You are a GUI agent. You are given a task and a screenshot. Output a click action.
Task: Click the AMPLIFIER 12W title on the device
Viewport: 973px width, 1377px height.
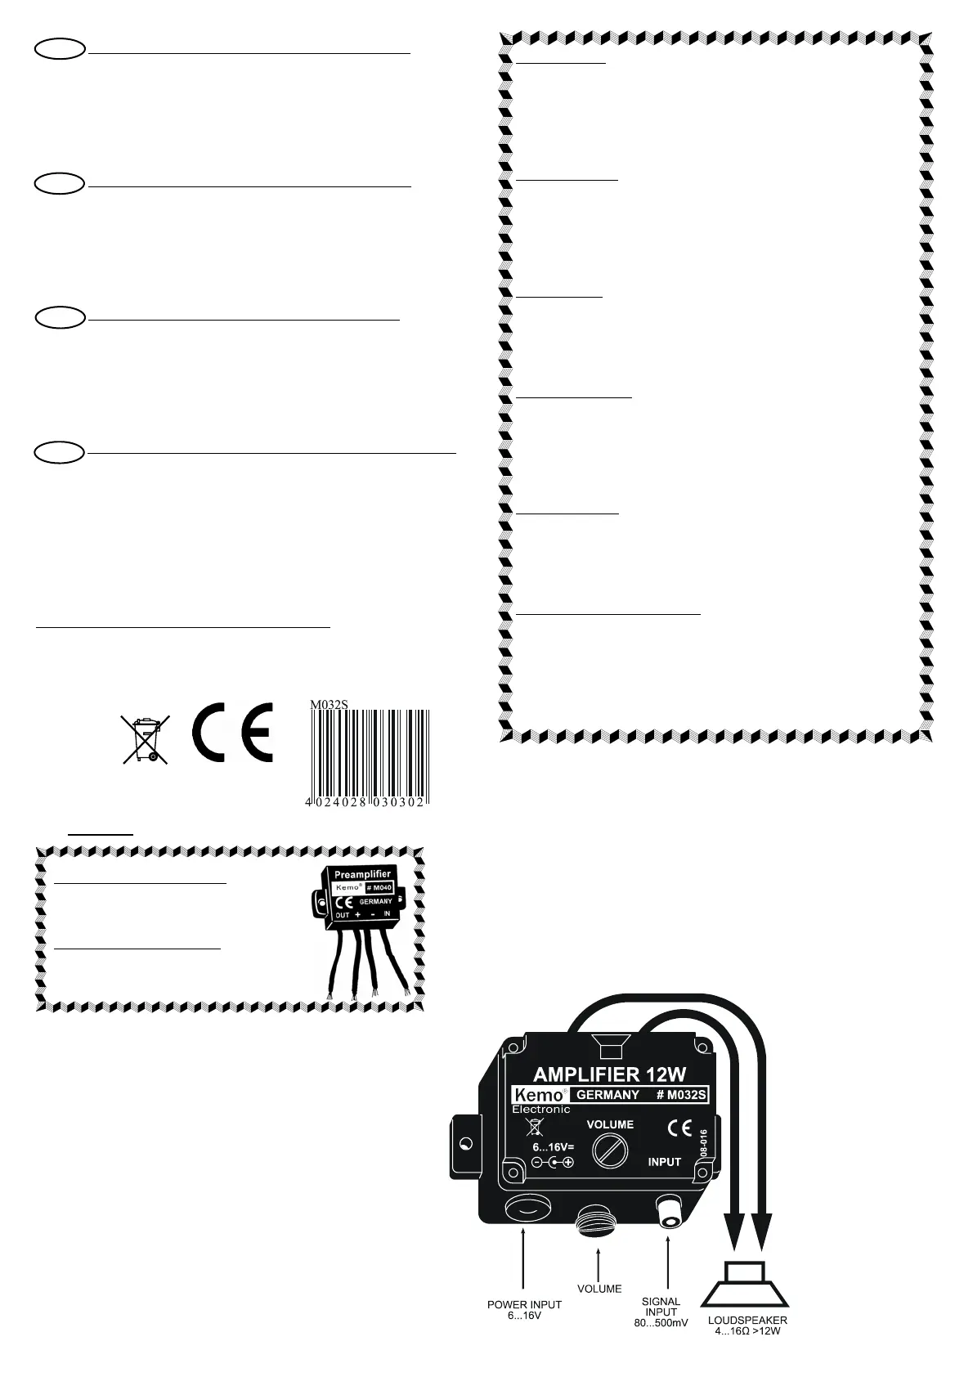(609, 1074)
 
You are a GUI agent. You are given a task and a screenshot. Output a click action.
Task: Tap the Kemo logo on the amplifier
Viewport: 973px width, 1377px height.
(537, 1095)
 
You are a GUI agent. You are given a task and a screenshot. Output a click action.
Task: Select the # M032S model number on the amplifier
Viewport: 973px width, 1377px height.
(681, 1095)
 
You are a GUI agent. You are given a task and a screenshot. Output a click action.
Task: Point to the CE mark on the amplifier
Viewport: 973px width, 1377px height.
(679, 1128)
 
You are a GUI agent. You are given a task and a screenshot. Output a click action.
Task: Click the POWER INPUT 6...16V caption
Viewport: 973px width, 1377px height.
(524, 1310)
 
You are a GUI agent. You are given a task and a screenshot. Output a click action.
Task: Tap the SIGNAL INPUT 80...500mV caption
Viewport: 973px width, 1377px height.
(661, 1312)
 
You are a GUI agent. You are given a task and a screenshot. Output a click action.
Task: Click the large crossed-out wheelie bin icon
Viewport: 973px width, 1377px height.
(146, 738)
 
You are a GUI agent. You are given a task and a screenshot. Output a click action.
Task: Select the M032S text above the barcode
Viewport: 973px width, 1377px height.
(329, 703)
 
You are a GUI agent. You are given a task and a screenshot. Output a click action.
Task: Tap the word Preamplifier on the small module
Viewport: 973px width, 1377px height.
(362, 874)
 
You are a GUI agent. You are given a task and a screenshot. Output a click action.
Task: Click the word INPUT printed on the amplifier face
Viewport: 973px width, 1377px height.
(664, 1162)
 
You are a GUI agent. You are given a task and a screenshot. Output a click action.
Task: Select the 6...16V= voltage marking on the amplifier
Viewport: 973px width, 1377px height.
(553, 1147)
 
